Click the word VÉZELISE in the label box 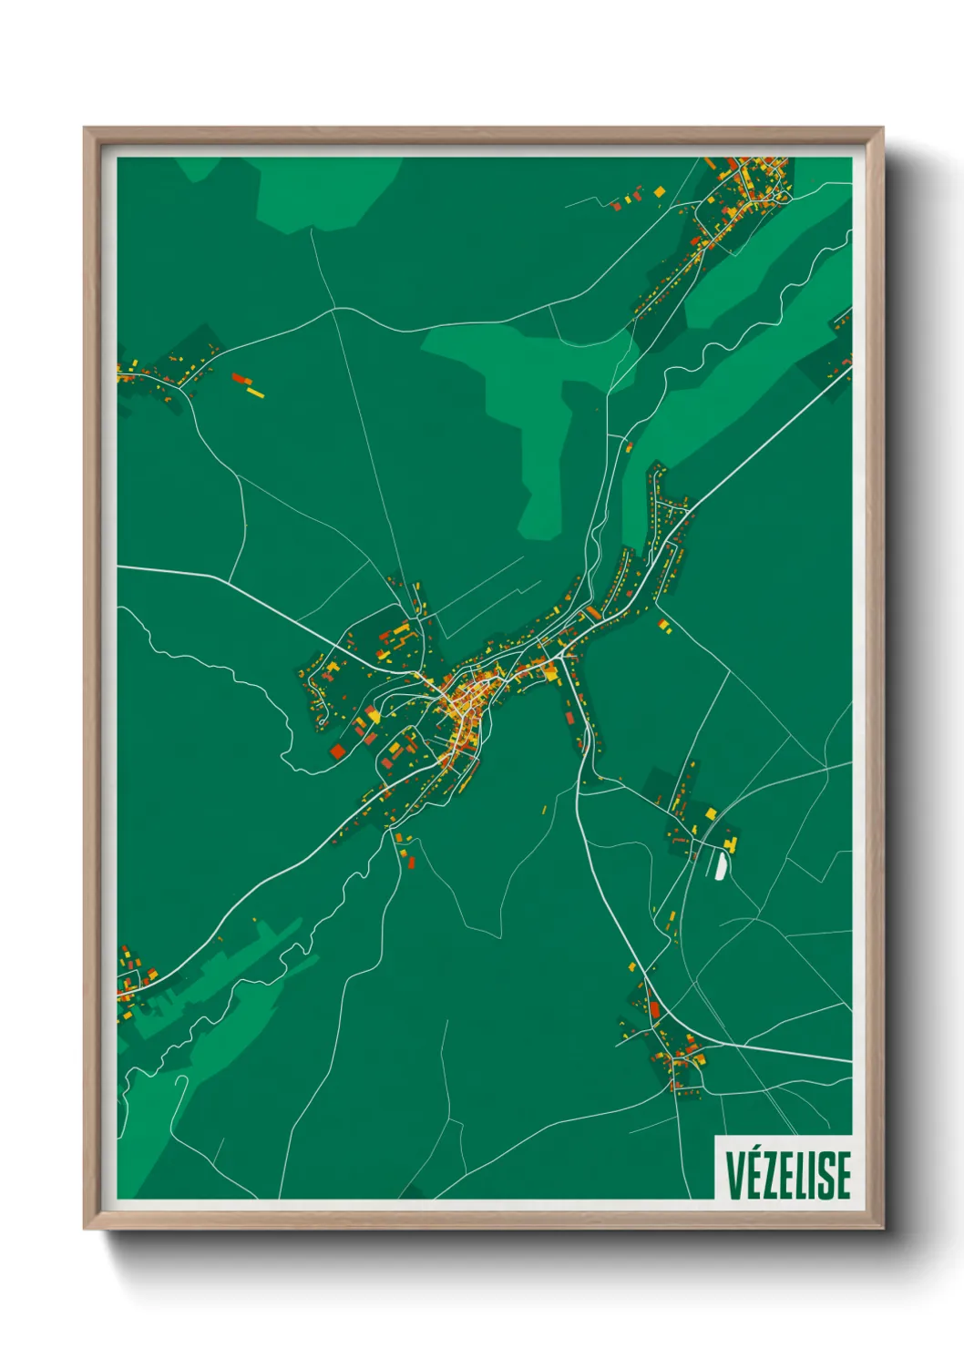[787, 1174]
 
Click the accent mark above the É [754, 1150]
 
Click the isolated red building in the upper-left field [239, 378]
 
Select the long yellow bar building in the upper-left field [255, 393]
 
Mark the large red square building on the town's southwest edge [338, 751]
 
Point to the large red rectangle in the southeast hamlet [654, 1008]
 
